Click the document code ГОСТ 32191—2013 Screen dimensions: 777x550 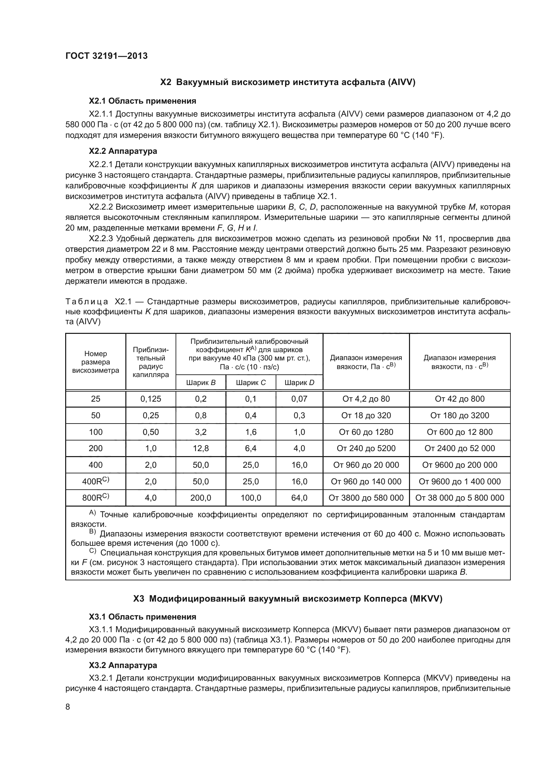(x=106, y=56)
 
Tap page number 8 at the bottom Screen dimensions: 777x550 (x=68, y=707)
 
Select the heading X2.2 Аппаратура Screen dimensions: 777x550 (x=123, y=151)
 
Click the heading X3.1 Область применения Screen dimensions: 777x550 (x=142, y=617)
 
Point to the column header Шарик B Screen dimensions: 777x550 (x=201, y=383)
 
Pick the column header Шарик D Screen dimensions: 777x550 (x=299, y=383)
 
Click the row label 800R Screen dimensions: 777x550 (x=95, y=498)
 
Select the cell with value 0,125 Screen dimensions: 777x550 (x=151, y=399)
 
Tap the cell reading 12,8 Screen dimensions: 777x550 (x=201, y=448)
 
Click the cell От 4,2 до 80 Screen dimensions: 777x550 (x=366, y=399)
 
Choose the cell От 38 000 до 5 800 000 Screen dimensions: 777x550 (x=460, y=498)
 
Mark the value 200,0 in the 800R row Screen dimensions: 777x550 (x=201, y=498)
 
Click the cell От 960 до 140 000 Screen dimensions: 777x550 (x=366, y=482)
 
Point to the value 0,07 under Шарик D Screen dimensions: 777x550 (x=299, y=399)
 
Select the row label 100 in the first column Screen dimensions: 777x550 (x=95, y=432)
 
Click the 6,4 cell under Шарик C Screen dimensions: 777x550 (x=251, y=448)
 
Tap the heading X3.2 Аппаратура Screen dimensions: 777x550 (x=123, y=665)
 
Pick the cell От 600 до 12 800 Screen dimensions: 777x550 (x=460, y=432)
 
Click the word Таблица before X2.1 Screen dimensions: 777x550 (x=87, y=302)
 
